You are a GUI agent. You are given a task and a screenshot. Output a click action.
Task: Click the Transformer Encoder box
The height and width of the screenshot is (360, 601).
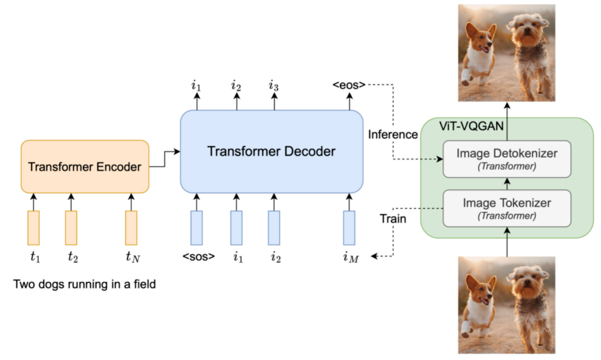tap(85, 167)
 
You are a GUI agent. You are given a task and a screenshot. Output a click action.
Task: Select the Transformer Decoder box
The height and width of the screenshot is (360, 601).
tap(271, 151)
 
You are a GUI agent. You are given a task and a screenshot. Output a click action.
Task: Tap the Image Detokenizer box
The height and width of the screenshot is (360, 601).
tap(506, 158)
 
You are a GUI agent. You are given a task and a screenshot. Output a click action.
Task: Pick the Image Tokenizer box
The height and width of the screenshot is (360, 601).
tap(506, 208)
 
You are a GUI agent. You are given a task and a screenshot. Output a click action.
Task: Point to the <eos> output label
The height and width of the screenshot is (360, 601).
tap(348, 85)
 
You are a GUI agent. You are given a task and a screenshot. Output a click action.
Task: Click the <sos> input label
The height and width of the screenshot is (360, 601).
tap(198, 256)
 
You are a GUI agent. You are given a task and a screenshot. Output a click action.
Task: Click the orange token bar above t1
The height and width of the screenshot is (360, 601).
tap(33, 228)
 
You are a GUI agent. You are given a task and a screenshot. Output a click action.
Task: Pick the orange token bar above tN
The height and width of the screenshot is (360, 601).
tap(131, 228)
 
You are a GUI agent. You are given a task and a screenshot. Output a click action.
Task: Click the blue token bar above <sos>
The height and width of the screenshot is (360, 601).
tap(197, 228)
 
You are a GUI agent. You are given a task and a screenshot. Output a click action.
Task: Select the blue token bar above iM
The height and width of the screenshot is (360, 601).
tap(349, 228)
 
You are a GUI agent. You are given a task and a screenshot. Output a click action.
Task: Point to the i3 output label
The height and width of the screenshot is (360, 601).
tap(273, 86)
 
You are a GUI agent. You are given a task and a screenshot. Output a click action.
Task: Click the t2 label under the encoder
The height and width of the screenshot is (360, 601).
tap(72, 256)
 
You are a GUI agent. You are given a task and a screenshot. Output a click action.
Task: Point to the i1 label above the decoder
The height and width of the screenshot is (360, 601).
tap(196, 86)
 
